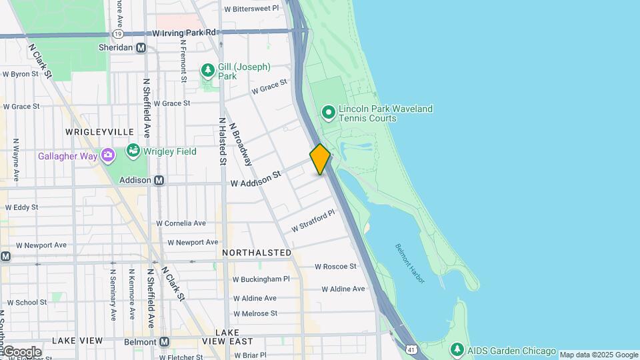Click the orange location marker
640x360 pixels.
tap(320, 159)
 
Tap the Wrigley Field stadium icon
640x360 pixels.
tap(133, 151)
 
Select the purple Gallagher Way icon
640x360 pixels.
tap(108, 155)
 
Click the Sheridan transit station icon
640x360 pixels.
tap(141, 47)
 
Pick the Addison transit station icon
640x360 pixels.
tap(159, 180)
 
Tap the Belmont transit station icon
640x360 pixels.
tap(164, 342)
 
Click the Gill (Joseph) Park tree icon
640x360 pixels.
tap(207, 69)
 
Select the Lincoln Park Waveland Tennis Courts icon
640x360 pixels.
tap(328, 113)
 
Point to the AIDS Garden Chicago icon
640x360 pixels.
tap(457, 349)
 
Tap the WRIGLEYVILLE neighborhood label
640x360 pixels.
tap(99, 132)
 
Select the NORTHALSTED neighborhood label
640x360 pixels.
tap(257, 253)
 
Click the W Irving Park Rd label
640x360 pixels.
tap(185, 32)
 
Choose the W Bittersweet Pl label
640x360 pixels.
tap(251, 9)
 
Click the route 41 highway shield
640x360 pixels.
tap(413, 349)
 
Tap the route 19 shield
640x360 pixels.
tap(117, 33)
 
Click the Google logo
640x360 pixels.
tap(23, 352)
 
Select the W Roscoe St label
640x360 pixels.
tap(335, 266)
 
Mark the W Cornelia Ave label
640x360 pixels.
tap(181, 223)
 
